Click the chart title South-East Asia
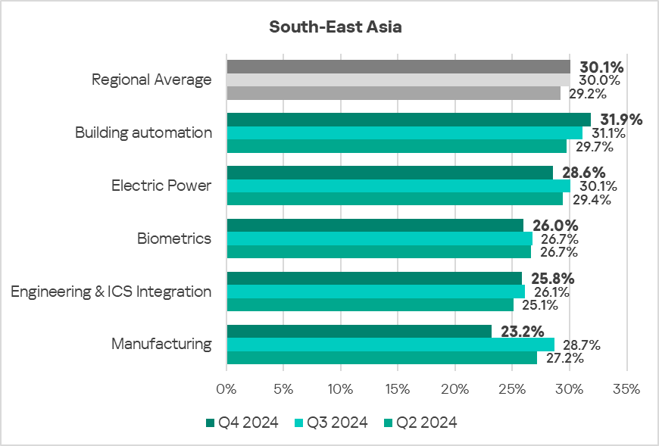pos(336,27)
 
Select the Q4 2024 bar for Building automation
pos(409,120)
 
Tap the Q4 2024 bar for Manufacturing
pos(359,332)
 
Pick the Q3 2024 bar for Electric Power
pos(398,186)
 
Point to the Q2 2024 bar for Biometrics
pos(379,252)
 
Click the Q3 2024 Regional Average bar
pos(398,80)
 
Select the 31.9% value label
pos(621,120)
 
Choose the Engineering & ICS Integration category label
pos(111,292)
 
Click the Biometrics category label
pos(174,239)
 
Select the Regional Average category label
pos(151,80)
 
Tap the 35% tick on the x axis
pos(626,389)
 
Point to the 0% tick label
pos(226,389)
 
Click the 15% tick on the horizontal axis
pos(398,389)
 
